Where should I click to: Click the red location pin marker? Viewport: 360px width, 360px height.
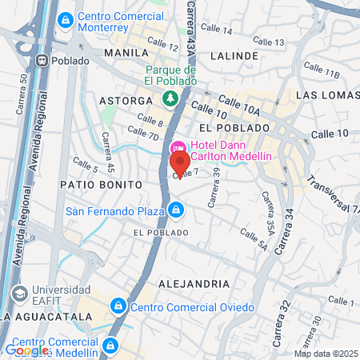click(178, 164)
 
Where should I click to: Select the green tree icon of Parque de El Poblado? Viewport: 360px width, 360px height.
click(169, 99)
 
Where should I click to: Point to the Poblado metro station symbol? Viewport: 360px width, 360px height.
click(40, 60)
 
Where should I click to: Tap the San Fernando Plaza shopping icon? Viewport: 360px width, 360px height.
click(176, 211)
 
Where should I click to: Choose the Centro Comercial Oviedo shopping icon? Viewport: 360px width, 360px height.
click(118, 306)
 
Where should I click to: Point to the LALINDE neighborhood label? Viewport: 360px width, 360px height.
click(234, 56)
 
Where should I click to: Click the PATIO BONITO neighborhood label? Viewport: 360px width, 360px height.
click(101, 184)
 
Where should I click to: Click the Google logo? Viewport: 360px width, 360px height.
click(26, 350)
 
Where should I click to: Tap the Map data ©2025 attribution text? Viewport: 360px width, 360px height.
click(326, 354)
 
